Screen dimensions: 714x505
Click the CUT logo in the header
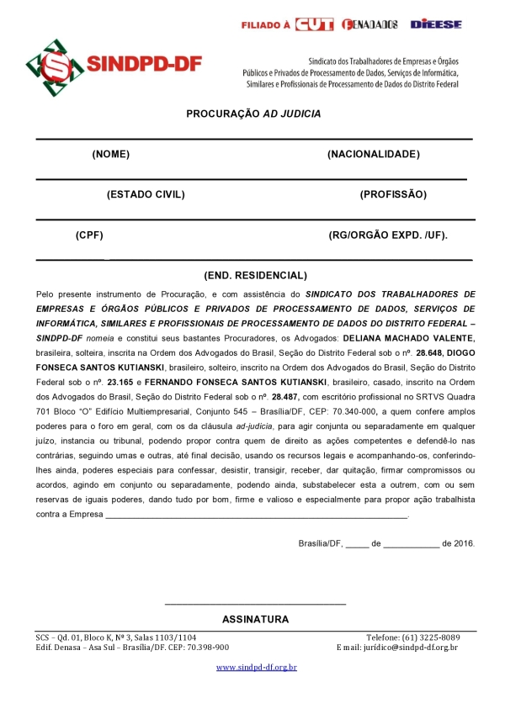tap(316, 24)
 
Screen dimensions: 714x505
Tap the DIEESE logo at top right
tap(436, 24)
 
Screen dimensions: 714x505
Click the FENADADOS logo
tap(370, 24)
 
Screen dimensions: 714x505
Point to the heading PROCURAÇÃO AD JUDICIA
tap(253, 114)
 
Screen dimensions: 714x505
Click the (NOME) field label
tap(111, 154)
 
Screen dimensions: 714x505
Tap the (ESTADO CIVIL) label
tap(146, 195)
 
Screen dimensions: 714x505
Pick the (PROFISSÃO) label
tap(393, 195)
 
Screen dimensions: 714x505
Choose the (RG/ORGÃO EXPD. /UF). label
tap(388, 235)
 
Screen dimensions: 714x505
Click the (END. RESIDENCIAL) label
tap(255, 276)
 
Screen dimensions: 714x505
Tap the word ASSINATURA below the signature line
tap(255, 620)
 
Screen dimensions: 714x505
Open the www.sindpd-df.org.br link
tap(257, 667)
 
